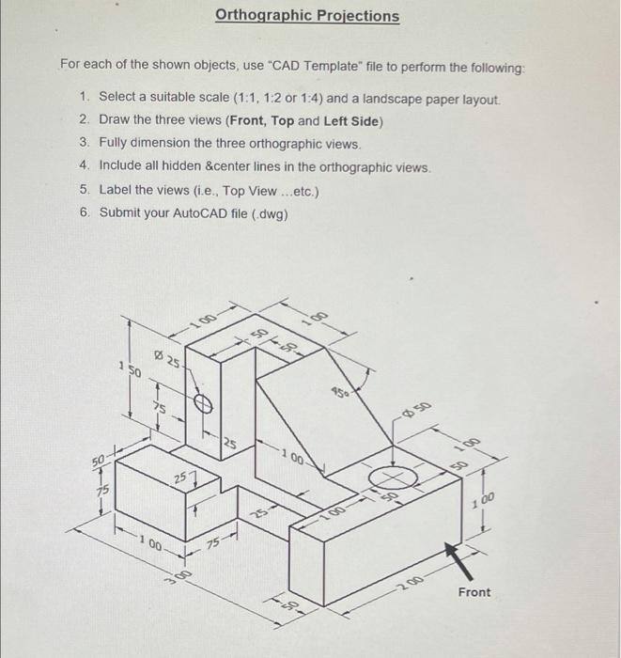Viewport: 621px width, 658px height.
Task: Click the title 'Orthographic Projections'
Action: [306, 16]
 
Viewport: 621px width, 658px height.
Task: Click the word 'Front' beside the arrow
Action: [474, 592]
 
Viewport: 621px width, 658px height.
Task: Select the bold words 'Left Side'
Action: [349, 120]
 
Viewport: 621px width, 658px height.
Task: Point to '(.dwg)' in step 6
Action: [268, 212]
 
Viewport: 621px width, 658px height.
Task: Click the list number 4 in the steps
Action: [85, 166]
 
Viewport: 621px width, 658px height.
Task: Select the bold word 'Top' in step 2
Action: [283, 120]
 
